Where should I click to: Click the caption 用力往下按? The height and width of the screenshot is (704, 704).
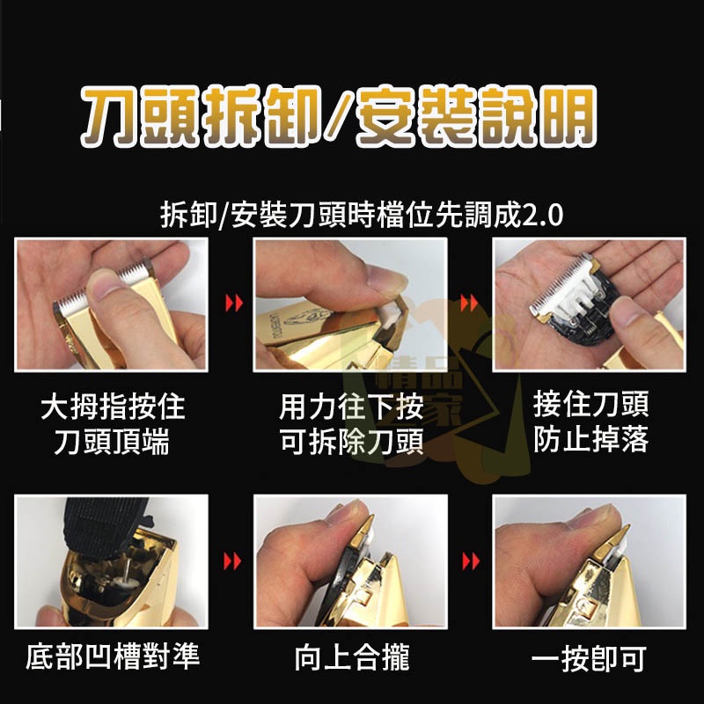(350, 407)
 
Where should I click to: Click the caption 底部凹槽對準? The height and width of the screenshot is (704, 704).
(113, 656)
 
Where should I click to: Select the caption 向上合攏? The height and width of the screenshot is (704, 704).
(351, 656)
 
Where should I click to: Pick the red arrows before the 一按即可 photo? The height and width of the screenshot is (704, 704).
(473, 561)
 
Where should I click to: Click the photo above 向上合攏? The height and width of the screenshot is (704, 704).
(350, 561)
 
